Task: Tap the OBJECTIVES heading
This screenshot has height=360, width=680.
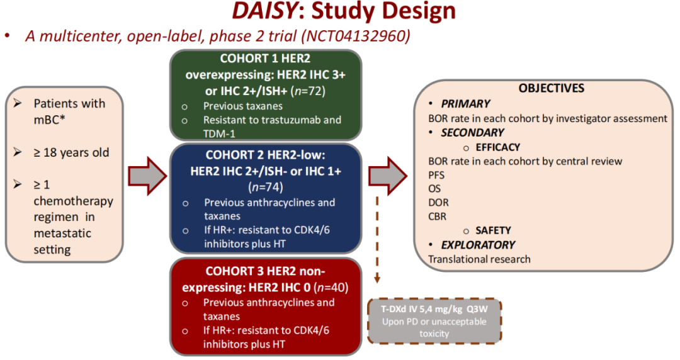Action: (x=552, y=89)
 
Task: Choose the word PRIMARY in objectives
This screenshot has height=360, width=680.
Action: (x=465, y=103)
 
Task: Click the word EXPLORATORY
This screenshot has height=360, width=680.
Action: (x=478, y=244)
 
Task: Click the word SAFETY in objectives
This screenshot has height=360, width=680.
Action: (x=493, y=230)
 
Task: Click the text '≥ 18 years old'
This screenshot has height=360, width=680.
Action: (x=71, y=152)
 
